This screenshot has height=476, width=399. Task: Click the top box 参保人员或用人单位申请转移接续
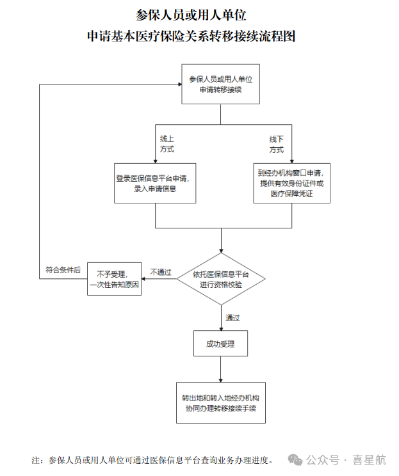coord(221,84)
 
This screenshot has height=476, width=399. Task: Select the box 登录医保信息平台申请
coord(155,184)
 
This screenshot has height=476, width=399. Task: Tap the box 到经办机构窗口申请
coord(291,184)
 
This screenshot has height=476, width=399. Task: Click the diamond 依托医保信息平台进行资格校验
coord(221,280)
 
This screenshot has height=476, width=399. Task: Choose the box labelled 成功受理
coord(220,344)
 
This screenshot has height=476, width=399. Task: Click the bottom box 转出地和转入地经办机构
coord(220,402)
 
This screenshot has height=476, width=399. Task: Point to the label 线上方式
coord(167,144)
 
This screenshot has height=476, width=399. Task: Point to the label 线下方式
coord(276,144)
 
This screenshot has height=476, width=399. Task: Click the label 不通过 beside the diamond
coord(161,272)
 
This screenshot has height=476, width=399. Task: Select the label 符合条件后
coord(63,270)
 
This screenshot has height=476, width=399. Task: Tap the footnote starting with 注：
coord(154,459)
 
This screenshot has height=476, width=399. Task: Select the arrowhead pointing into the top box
coord(178,84)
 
